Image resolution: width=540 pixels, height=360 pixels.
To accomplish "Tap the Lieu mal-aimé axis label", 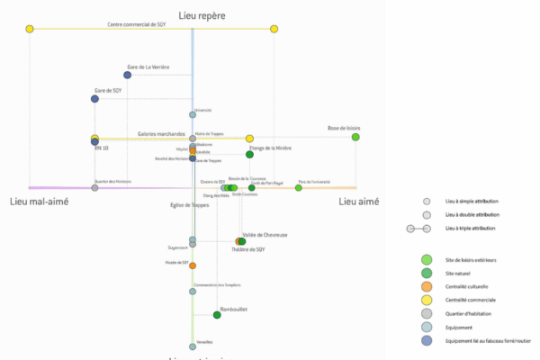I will [x=39, y=202].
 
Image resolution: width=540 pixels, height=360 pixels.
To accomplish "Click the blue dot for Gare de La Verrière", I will [x=129, y=76].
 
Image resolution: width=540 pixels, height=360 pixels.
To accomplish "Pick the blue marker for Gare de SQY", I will [x=94, y=99].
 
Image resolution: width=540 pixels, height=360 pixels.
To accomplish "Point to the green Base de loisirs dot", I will [x=355, y=137].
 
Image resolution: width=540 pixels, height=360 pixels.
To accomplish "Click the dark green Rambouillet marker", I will [x=217, y=314].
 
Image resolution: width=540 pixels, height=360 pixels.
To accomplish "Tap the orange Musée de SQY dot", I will [x=193, y=265].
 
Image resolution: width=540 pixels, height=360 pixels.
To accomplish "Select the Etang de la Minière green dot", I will [x=249, y=155].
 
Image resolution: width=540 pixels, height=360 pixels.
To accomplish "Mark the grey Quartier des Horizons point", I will [x=94, y=187].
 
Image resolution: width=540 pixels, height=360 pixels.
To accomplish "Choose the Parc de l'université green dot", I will [x=299, y=187].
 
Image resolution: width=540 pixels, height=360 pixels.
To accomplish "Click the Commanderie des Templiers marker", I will [x=193, y=291].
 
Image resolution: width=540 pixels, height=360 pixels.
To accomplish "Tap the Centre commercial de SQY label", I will [x=135, y=23].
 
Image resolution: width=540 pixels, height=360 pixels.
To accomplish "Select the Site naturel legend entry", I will [x=459, y=273].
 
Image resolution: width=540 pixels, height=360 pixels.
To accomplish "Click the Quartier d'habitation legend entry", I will [x=466, y=313].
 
